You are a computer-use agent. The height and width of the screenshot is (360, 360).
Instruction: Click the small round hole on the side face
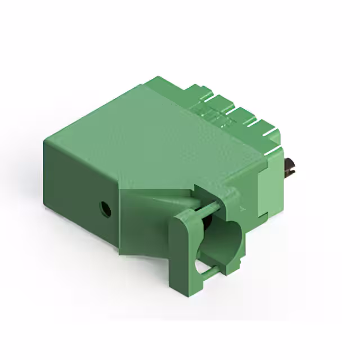click(105, 209)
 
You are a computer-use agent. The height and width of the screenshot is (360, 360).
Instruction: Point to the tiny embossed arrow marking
click(242, 209)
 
